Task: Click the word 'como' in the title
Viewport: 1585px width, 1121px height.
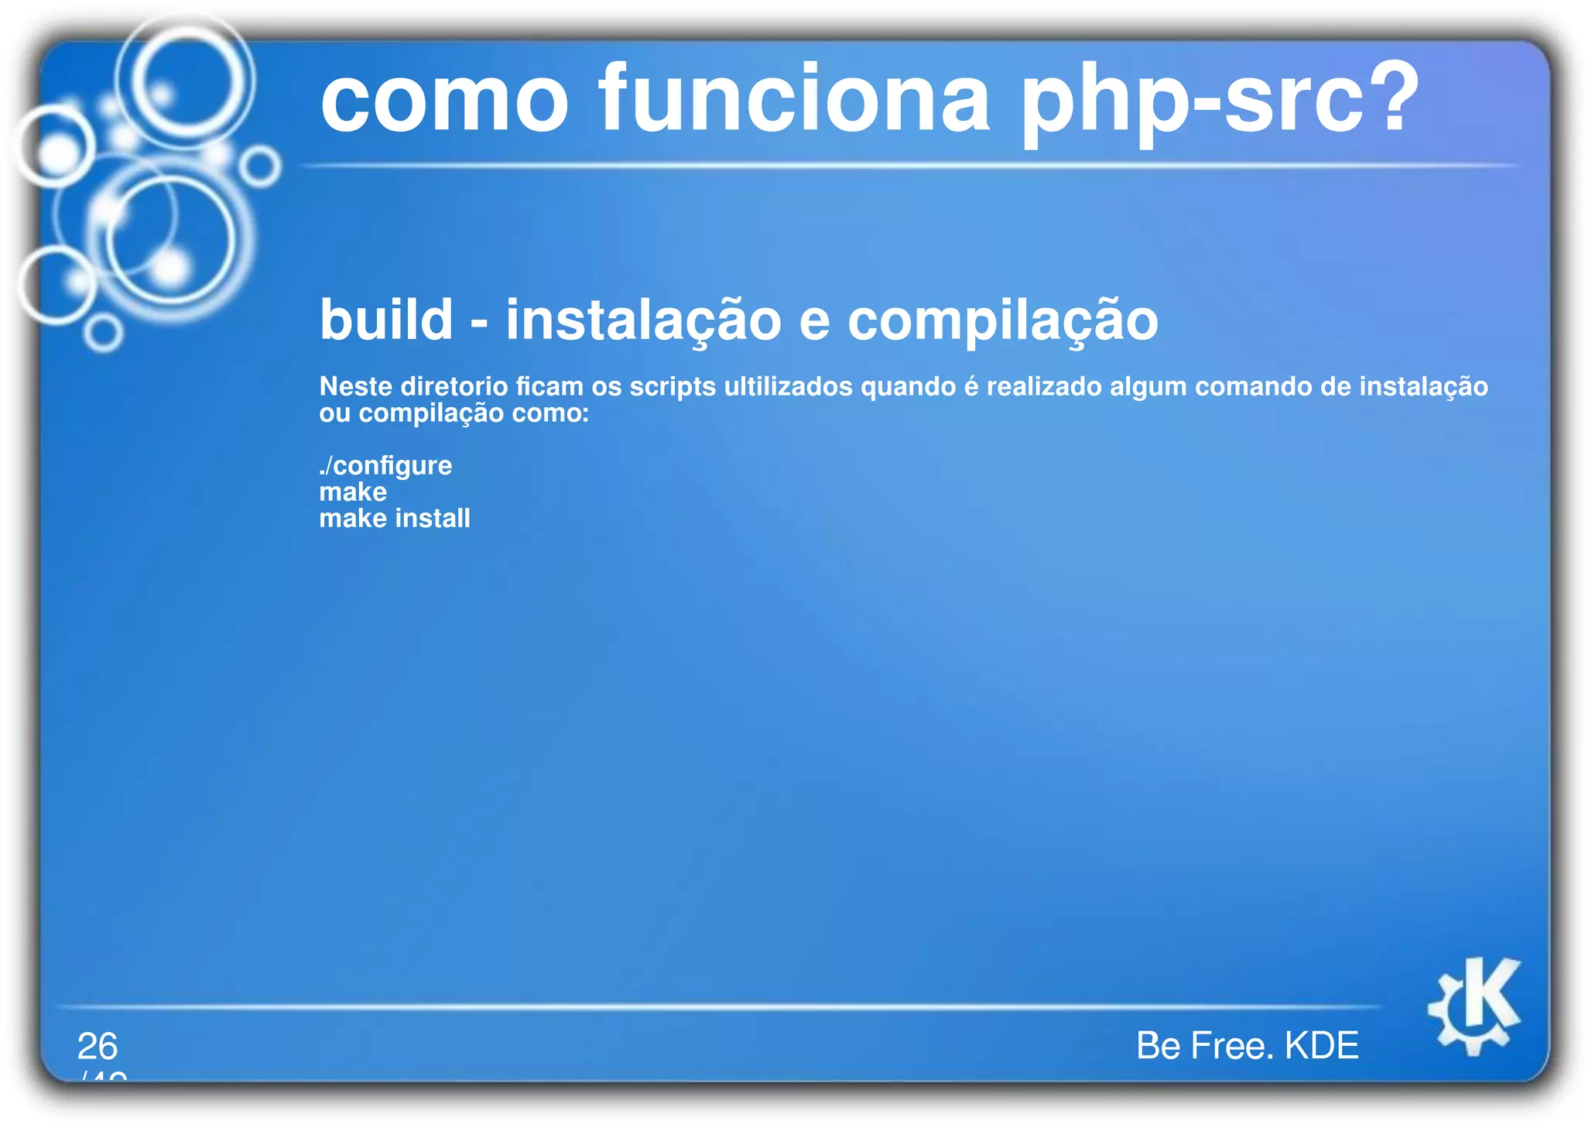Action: click(x=445, y=101)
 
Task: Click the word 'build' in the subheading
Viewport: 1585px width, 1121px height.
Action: click(x=386, y=320)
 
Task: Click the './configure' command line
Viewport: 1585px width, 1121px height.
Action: click(x=385, y=465)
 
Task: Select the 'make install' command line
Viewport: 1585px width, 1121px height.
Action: click(x=395, y=518)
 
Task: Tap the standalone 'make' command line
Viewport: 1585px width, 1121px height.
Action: click(x=353, y=492)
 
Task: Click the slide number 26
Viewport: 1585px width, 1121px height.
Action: click(x=98, y=1046)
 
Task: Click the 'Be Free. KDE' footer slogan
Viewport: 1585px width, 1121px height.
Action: click(x=1247, y=1045)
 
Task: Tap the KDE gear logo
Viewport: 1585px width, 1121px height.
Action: click(x=1474, y=1006)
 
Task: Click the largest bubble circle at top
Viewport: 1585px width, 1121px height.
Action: click(x=186, y=80)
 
